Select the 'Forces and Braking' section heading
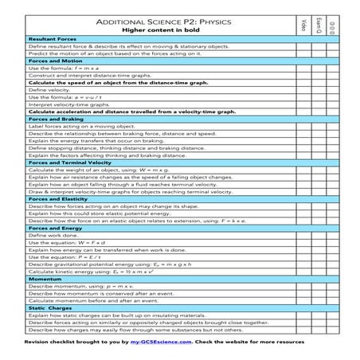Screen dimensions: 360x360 [x=53, y=119]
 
